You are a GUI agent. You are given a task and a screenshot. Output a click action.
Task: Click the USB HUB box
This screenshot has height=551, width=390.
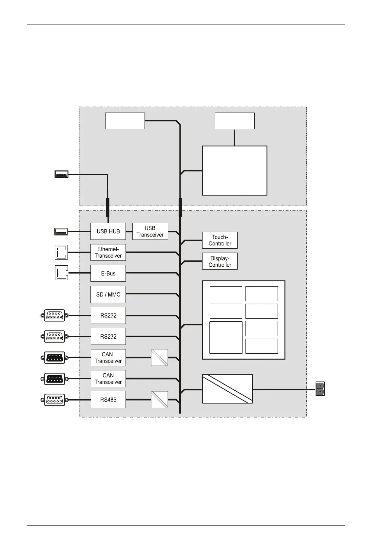coord(108,231)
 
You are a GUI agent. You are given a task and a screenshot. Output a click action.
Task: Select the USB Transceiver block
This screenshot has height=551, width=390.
coord(150,231)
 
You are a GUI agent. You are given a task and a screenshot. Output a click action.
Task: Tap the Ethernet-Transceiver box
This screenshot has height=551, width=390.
coord(108,252)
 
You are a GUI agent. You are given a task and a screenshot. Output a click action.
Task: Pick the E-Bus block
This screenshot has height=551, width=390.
coord(108,273)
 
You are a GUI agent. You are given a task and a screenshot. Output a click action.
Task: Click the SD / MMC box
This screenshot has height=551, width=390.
coord(108,294)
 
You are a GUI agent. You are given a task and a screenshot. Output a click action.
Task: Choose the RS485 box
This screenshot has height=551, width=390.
coord(108,400)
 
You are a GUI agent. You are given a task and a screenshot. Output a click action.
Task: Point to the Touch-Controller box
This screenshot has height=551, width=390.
coord(220,240)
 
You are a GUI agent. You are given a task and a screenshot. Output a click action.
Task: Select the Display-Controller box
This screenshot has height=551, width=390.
coord(220,261)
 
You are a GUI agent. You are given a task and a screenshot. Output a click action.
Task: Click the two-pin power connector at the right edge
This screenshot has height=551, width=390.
coord(320,389)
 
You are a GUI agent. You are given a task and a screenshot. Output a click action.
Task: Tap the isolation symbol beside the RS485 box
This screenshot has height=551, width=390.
coord(159,400)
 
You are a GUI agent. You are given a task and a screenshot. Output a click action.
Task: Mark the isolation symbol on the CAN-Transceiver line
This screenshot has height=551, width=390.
coord(159,357)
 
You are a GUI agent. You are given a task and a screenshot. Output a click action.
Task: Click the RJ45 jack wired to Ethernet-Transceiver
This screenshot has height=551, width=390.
coord(61,252)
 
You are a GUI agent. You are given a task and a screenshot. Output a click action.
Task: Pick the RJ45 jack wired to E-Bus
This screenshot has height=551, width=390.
coord(61,273)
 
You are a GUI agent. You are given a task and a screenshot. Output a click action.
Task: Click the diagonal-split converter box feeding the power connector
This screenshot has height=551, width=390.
coord(227,389)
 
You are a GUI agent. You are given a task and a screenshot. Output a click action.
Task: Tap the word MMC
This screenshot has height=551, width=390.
coord(114,294)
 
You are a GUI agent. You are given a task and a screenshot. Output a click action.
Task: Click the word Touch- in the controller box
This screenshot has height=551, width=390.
coord(220,237)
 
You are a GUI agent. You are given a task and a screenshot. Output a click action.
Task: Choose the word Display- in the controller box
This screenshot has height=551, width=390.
coord(220,258)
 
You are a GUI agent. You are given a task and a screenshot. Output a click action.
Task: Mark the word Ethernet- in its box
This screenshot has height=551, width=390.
coord(108,249)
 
